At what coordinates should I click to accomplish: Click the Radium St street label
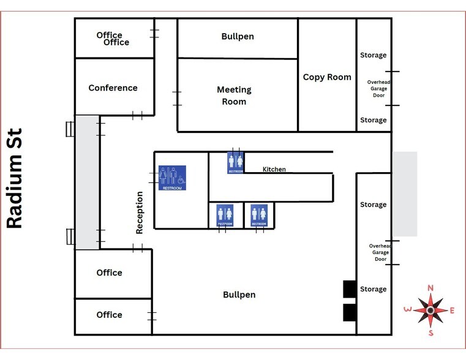click(x=14, y=178)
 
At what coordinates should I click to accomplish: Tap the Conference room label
click(x=113, y=88)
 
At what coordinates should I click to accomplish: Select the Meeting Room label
click(x=234, y=96)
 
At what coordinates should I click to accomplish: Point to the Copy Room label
click(x=327, y=77)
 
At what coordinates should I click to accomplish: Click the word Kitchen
click(x=274, y=169)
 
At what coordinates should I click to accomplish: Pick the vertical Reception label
click(x=140, y=212)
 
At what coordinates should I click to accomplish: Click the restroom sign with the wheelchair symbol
click(x=172, y=178)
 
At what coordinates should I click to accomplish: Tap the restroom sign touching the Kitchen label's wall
click(x=235, y=162)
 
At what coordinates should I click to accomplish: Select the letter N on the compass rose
click(x=430, y=288)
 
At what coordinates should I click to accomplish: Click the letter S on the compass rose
click(x=431, y=333)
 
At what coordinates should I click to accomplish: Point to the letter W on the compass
click(x=408, y=309)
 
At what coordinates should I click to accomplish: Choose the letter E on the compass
click(x=452, y=310)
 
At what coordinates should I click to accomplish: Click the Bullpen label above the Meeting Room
click(x=238, y=37)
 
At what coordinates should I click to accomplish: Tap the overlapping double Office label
click(x=113, y=39)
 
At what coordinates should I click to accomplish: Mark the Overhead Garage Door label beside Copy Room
click(x=378, y=89)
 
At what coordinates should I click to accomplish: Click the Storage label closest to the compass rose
click(x=374, y=289)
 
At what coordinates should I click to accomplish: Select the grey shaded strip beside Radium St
click(x=88, y=182)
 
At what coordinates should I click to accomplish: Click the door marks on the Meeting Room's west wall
click(x=177, y=99)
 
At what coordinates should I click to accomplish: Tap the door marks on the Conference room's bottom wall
click(x=137, y=116)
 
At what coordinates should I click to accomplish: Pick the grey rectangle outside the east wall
click(x=405, y=194)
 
